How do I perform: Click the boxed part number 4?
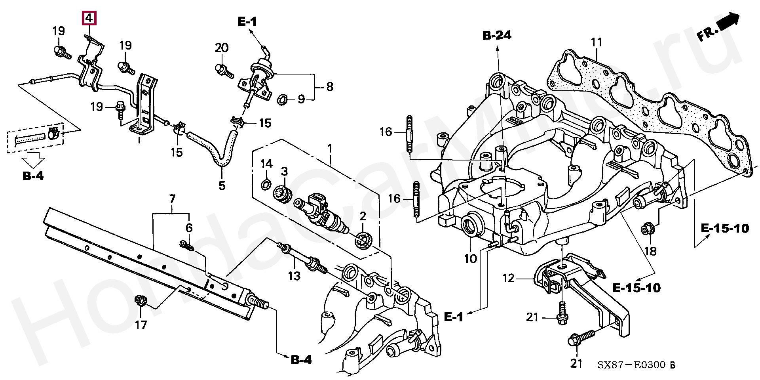[x=89, y=18]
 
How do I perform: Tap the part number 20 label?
[x=222, y=48]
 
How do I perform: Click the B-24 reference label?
[x=497, y=36]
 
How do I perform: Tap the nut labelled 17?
[x=140, y=301]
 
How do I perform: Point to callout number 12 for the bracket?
[x=508, y=278]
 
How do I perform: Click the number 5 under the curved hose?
[x=222, y=185]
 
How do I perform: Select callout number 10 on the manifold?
[x=471, y=259]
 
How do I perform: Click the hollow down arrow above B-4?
[x=33, y=161]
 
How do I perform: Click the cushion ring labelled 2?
[x=364, y=241]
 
